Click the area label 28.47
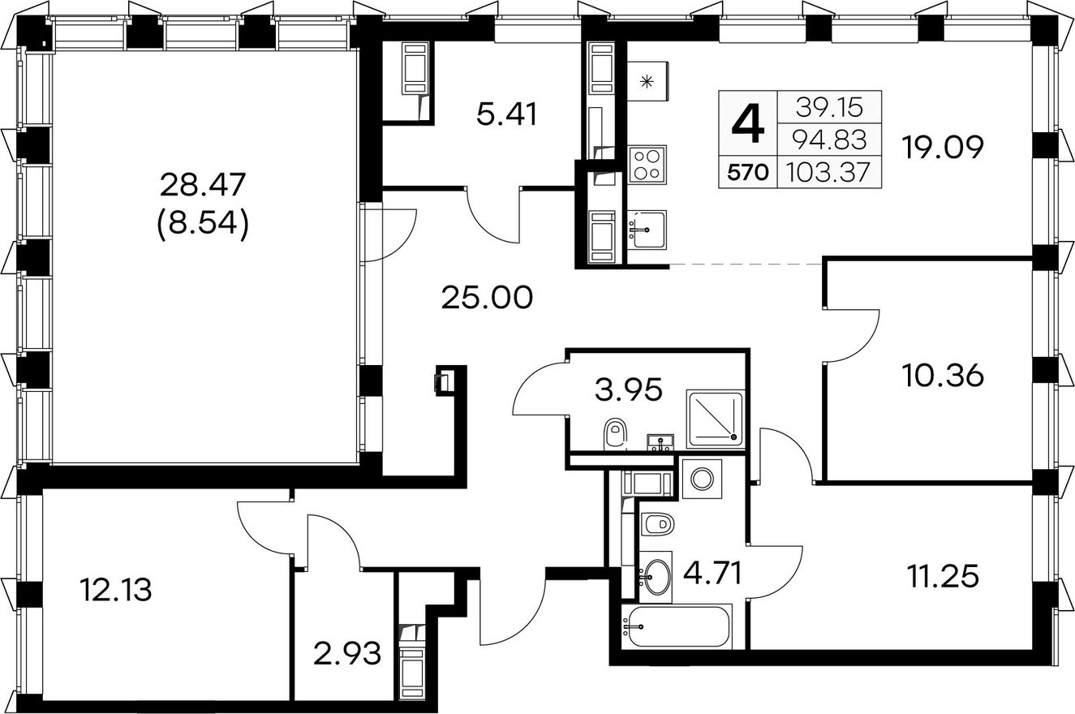tap(203, 185)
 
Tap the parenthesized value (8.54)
tap(203, 223)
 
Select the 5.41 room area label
tap(507, 114)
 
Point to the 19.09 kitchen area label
tap(943, 147)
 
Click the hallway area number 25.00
tap(487, 298)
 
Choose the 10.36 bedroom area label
tap(943, 375)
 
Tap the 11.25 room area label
tap(943, 576)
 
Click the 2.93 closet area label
tap(347, 654)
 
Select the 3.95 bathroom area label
tap(629, 389)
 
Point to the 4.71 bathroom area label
tap(712, 574)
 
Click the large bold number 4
tap(748, 126)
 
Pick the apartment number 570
tap(748, 172)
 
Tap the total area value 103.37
tap(828, 172)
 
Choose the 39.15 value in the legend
tap(829, 107)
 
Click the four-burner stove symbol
tap(647, 164)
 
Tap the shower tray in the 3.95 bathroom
tap(715, 419)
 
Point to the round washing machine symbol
tap(702, 479)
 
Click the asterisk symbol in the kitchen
tap(647, 82)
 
